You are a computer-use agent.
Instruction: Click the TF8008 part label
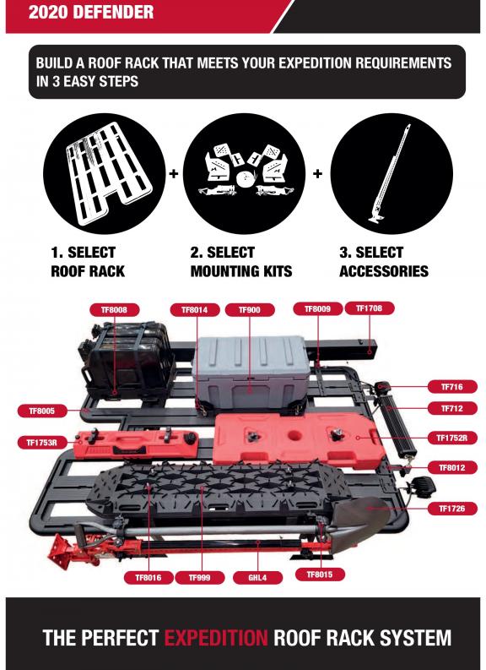pos(115,310)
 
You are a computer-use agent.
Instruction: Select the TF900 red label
pos(250,310)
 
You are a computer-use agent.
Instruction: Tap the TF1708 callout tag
pos(369,308)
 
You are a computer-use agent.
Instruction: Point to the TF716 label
pos(452,387)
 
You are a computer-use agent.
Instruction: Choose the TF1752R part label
pos(452,438)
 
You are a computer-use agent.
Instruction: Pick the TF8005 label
pos(42,411)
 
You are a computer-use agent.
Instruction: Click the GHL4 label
pos(257,578)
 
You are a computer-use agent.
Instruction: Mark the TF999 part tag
pos(200,578)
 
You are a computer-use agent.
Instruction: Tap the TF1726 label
pos(452,509)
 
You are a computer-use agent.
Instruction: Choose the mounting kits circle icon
pos(244,173)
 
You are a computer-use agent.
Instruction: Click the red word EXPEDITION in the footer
pos(216,638)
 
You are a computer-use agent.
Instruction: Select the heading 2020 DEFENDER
pos(91,12)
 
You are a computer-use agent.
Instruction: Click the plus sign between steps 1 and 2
pos(174,174)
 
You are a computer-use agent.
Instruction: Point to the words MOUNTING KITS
pos(241,271)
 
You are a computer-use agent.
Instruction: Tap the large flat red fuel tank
pos(299,440)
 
